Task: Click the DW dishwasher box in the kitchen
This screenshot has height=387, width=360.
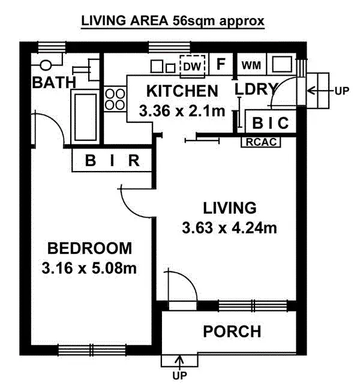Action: click(x=192, y=66)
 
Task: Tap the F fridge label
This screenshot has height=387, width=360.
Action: click(x=221, y=64)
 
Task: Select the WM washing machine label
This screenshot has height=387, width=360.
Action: click(x=251, y=65)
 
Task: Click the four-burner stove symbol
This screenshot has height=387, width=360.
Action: click(x=115, y=99)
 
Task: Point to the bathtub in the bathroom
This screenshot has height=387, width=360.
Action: click(x=85, y=117)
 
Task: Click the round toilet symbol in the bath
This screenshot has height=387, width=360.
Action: click(x=46, y=65)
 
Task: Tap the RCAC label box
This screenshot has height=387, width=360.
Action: click(x=261, y=142)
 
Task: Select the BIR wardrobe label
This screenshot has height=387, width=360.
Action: click(x=112, y=161)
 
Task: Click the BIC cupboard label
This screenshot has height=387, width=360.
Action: click(x=271, y=122)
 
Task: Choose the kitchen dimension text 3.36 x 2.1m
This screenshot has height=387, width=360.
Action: click(x=182, y=111)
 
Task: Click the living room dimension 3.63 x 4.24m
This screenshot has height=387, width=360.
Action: click(x=229, y=227)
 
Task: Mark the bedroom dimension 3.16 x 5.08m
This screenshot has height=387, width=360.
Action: click(x=89, y=268)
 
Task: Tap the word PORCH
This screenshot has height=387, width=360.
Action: click(x=232, y=331)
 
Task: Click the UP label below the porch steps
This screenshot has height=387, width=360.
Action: click(x=179, y=376)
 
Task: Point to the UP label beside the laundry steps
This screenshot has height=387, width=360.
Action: click(x=342, y=91)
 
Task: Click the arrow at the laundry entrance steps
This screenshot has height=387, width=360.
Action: click(x=320, y=91)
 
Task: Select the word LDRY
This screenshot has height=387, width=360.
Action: click(x=256, y=89)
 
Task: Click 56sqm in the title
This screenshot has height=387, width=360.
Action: click(x=193, y=21)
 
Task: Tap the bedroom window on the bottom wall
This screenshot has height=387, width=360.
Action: click(x=92, y=350)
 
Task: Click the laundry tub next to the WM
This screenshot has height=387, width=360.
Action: click(x=282, y=64)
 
